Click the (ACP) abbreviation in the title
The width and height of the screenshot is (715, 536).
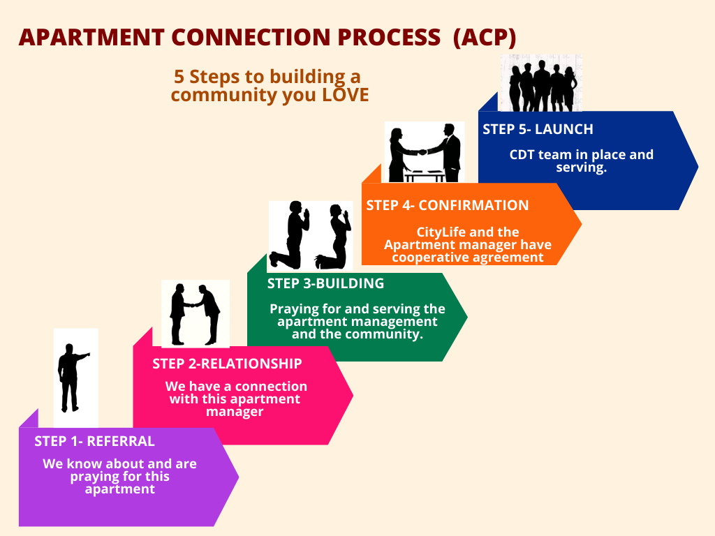[x=485, y=38]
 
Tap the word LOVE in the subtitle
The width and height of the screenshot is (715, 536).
[x=345, y=96]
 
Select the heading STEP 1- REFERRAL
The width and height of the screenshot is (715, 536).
[x=94, y=441]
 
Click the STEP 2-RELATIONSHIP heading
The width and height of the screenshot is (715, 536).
[x=227, y=364]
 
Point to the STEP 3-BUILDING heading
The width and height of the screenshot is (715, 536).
[x=325, y=283]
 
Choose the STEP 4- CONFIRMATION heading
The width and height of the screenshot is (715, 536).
[x=447, y=205]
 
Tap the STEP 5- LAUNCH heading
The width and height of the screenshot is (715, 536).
[x=538, y=129]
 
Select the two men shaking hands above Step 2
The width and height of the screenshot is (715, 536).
[x=195, y=313]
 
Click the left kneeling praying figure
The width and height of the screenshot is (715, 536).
[x=292, y=235]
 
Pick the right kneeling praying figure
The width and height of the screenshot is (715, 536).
[x=334, y=237]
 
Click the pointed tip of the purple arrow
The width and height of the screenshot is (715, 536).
[x=238, y=477]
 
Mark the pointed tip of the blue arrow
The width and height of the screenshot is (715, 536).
[x=698, y=166]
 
